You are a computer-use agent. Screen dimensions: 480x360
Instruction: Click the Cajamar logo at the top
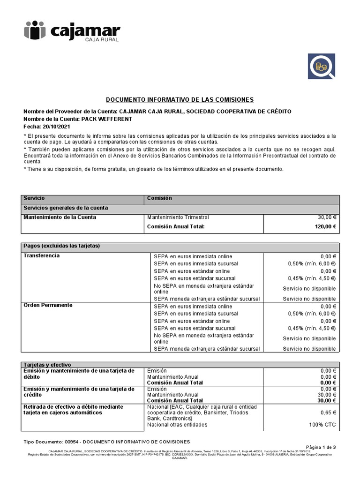pyautogui.click(x=72, y=32)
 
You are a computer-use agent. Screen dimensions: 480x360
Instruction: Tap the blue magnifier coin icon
pyautogui.click(x=322, y=66)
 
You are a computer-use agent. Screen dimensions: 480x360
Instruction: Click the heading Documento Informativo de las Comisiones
pyautogui.click(x=180, y=100)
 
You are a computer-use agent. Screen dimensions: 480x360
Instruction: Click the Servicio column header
pyautogui.click(x=34, y=198)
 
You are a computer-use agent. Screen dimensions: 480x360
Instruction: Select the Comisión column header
pyautogui.click(x=159, y=198)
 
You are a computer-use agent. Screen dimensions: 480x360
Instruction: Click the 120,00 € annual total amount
pyautogui.click(x=326, y=226)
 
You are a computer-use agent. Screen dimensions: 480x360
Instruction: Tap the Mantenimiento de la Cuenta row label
pyautogui.click(x=60, y=217)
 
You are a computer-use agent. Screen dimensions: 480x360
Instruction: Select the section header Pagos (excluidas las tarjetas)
pyautogui.click(x=62, y=246)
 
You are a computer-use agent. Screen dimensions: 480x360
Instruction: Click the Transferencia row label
pyautogui.click(x=42, y=256)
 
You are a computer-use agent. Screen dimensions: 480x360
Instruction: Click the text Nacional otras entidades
pyautogui.click(x=177, y=425)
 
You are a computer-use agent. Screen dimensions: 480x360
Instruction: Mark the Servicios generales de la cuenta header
pyautogui.click(x=66, y=208)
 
